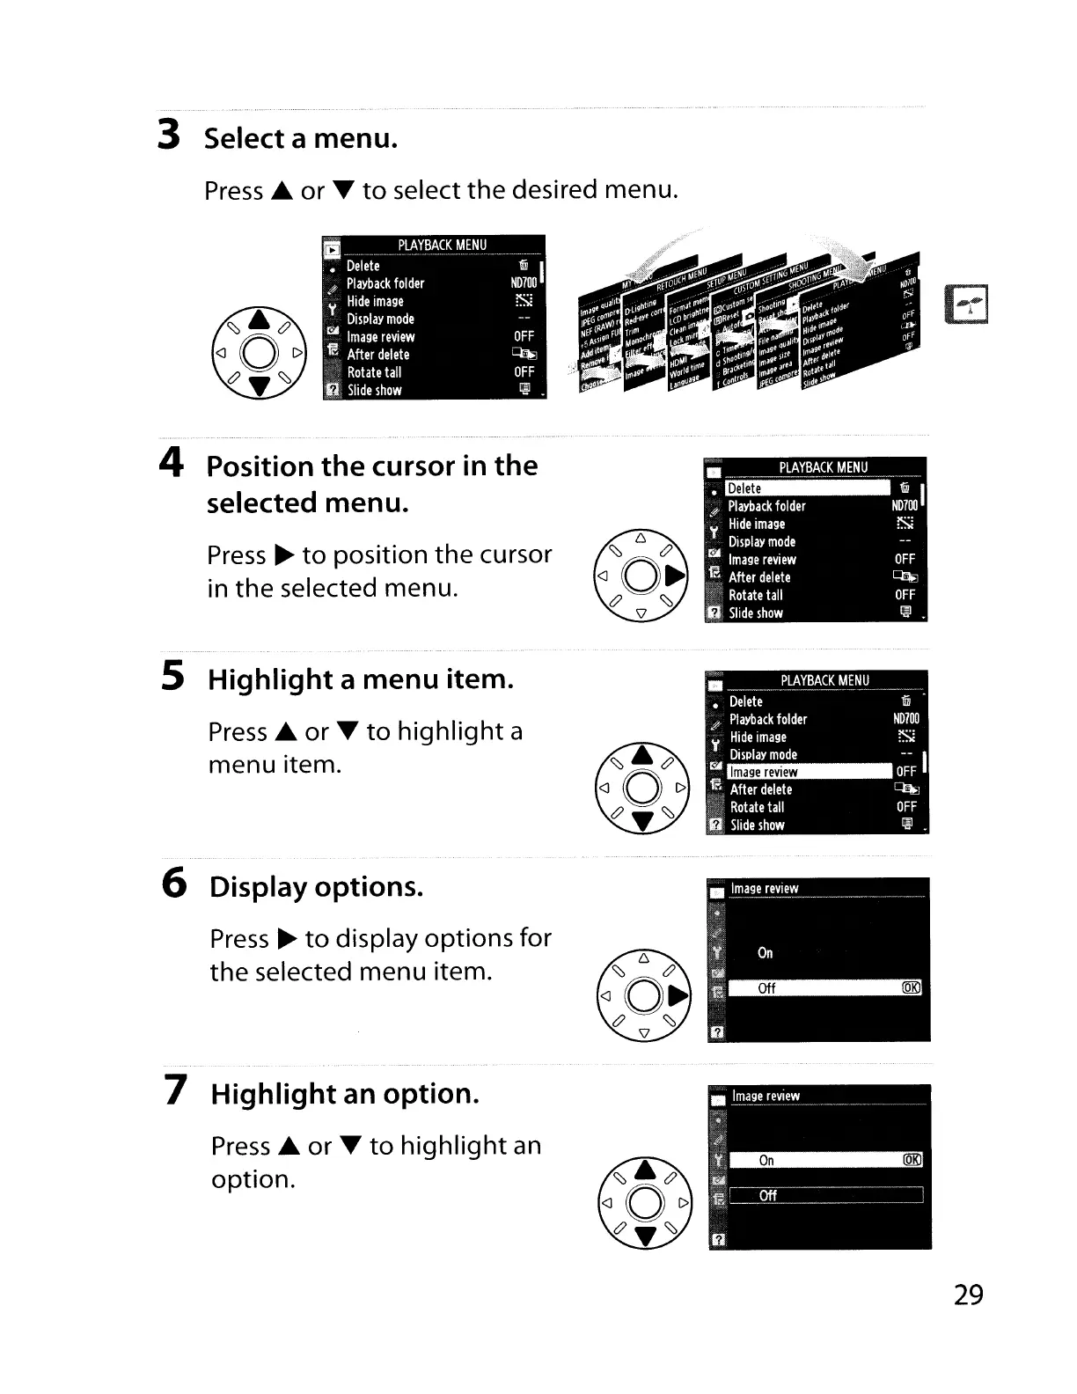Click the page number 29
(x=968, y=1295)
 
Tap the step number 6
(x=175, y=883)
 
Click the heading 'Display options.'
(x=316, y=886)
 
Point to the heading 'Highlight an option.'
(x=345, y=1094)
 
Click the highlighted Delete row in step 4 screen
(x=808, y=488)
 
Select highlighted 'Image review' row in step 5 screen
(x=810, y=772)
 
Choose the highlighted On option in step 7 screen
(x=824, y=1160)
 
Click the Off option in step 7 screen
(x=824, y=1195)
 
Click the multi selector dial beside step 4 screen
(x=641, y=577)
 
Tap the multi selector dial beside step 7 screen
(x=646, y=1202)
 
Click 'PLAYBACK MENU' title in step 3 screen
(x=442, y=245)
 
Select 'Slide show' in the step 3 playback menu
(x=375, y=390)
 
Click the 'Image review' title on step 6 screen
(x=765, y=889)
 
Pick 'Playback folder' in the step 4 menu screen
(x=766, y=506)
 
